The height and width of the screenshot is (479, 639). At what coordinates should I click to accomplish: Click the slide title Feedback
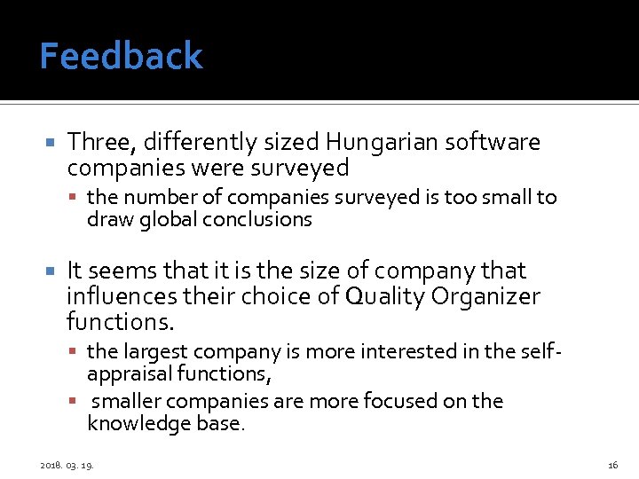click(122, 57)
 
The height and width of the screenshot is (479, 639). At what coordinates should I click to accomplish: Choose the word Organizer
click(492, 295)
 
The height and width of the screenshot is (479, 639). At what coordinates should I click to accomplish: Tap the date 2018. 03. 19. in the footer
click(68, 464)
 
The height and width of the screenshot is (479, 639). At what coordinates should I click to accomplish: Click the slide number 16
click(612, 464)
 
